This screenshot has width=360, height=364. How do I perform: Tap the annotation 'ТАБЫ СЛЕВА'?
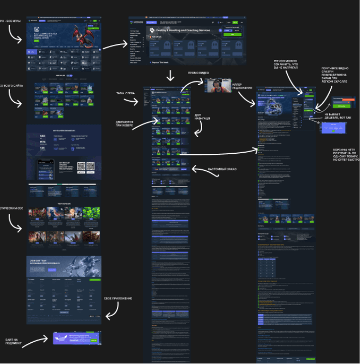tap(126, 93)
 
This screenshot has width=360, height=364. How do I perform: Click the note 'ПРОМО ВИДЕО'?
tap(199, 73)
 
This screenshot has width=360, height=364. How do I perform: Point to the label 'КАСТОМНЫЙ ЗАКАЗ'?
tap(222, 169)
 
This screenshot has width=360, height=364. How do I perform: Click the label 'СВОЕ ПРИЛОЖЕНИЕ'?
tap(118, 298)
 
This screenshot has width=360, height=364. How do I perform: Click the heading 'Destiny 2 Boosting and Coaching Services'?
tap(184, 30)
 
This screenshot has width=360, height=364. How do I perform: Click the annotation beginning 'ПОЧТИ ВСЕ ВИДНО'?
tap(337, 79)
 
